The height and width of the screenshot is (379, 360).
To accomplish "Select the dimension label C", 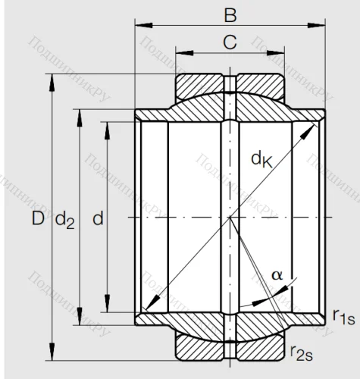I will click(x=230, y=43).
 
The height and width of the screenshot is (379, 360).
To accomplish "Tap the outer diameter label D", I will click(x=37, y=219).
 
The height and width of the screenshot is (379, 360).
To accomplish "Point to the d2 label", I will click(x=64, y=220).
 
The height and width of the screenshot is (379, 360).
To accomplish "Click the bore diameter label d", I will click(x=97, y=219).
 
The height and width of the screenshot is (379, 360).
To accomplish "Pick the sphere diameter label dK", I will click(x=262, y=158).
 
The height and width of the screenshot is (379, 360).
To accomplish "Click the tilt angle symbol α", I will click(x=277, y=274).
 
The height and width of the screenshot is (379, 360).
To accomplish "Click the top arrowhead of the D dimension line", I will click(x=52, y=79).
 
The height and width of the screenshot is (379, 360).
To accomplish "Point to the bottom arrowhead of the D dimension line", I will click(x=52, y=359).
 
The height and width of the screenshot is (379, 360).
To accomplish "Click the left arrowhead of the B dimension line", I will click(x=139, y=27).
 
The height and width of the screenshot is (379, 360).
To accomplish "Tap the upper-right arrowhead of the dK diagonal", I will click(x=313, y=126).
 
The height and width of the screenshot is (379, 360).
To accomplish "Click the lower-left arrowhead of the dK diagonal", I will click(x=146, y=312).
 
